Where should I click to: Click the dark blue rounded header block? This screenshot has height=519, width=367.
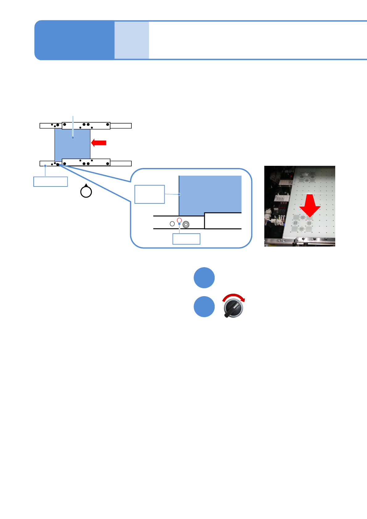tap(74, 40)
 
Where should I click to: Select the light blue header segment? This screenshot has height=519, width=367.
tap(132, 40)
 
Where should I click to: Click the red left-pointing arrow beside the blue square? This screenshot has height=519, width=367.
tap(99, 142)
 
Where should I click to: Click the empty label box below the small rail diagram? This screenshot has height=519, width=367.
tap(51, 182)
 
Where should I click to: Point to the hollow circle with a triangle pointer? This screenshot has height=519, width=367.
tap(86, 191)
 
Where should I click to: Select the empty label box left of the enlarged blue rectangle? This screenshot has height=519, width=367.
tap(150, 194)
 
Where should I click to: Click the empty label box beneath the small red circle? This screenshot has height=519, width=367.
tap(186, 239)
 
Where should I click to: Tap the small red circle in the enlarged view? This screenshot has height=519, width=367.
tap(179, 220)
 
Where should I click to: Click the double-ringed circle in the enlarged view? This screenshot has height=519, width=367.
tap(186, 225)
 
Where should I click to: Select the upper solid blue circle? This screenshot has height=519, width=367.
tap(204, 278)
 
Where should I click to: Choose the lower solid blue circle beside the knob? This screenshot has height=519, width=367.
tap(204, 307)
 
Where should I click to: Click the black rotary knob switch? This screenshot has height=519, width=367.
tap(233, 308)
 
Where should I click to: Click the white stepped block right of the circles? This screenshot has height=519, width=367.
tap(223, 221)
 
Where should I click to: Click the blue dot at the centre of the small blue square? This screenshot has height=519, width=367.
tap(73, 137)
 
